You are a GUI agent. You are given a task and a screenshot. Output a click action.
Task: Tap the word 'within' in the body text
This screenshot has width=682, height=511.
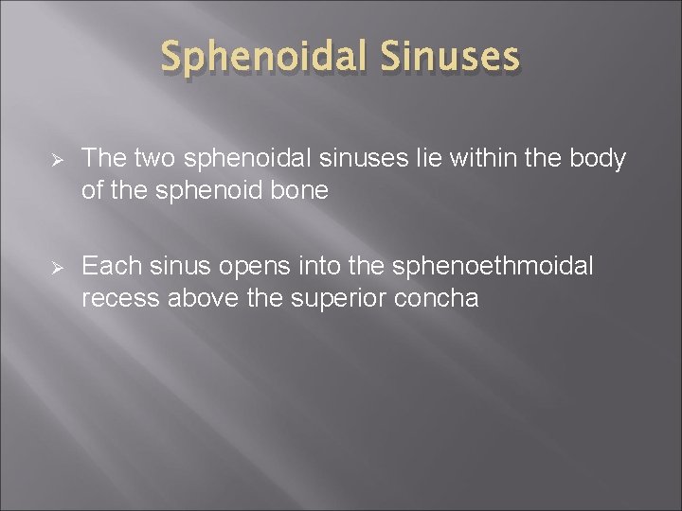tap(458, 159)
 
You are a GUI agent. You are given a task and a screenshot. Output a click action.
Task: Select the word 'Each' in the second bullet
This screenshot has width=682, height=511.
tap(105, 267)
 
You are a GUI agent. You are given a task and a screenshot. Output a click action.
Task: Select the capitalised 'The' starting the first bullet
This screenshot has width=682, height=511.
tap(102, 159)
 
